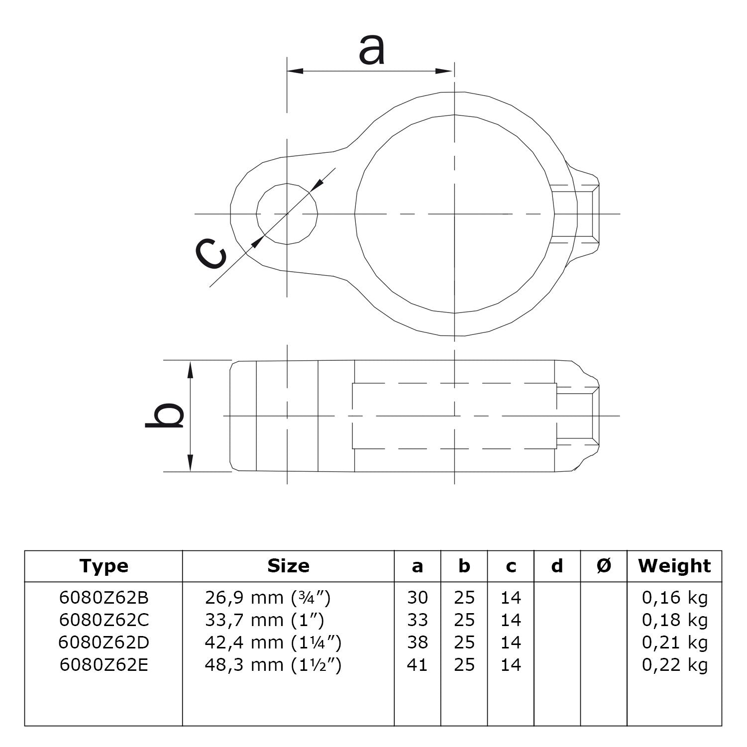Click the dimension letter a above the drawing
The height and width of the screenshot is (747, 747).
372,51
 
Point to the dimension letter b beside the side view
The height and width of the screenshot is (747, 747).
165,415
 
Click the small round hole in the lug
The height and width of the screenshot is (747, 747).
287,214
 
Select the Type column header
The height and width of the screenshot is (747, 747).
104,566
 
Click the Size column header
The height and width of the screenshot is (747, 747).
288,566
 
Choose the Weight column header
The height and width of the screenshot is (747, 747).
674,566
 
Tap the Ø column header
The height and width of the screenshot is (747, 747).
604,566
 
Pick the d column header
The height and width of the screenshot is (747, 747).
557,566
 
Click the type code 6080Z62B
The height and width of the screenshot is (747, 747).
104,597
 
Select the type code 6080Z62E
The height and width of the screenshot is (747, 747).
104,665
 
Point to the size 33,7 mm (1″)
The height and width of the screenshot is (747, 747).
264,620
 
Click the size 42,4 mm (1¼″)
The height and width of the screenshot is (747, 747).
273,642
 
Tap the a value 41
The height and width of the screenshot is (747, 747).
418,665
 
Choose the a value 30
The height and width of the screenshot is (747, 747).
418,597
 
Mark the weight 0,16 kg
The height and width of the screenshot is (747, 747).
675,597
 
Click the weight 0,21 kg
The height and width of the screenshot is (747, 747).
675,642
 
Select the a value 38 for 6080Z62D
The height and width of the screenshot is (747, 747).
418,642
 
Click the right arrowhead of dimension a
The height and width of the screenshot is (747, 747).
445,71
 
